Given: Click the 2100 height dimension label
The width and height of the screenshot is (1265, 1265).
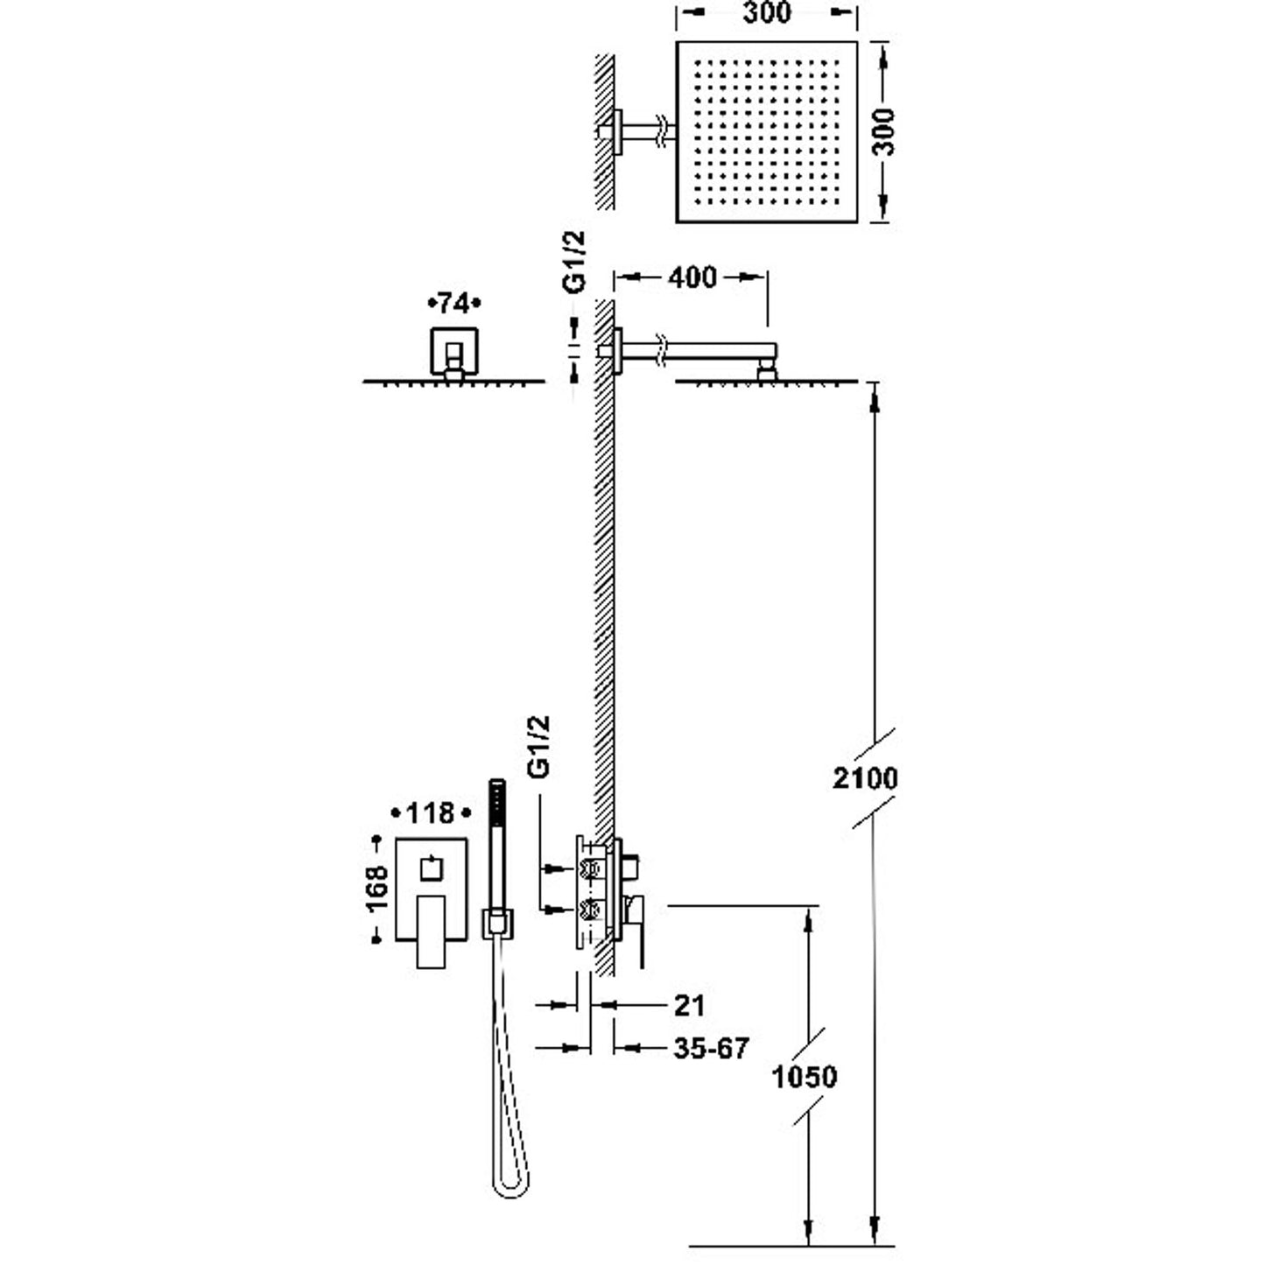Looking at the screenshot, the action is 865,778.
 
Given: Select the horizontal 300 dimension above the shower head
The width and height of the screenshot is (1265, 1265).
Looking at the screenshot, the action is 767,12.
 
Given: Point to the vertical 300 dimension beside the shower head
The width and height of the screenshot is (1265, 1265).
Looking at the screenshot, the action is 884,132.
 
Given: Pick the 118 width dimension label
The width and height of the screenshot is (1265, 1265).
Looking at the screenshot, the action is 430,813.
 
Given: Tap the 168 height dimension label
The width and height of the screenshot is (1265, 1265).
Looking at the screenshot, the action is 376,889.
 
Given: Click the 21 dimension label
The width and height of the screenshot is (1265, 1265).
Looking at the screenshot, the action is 689,1005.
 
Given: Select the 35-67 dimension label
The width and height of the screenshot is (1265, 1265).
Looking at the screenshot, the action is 710,1049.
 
